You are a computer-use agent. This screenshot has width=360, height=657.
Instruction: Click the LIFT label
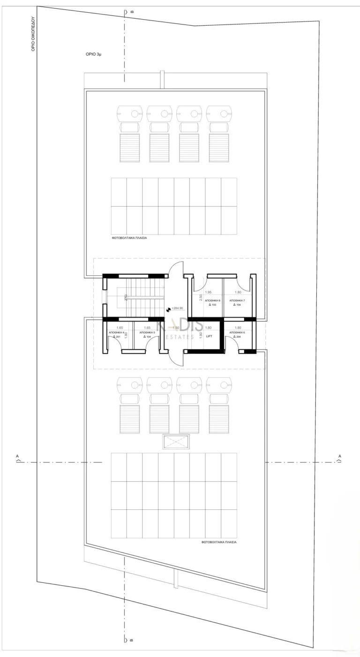click(209, 336)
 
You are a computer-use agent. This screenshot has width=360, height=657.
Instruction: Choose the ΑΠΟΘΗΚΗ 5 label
click(147, 332)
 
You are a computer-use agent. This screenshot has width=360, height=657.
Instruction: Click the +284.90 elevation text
click(177, 309)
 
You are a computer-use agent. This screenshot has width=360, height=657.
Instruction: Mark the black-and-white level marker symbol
click(169, 309)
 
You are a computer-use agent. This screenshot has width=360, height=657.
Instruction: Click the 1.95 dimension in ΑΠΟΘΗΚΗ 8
click(209, 292)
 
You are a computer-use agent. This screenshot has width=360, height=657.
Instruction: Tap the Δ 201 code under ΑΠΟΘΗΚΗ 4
click(117, 337)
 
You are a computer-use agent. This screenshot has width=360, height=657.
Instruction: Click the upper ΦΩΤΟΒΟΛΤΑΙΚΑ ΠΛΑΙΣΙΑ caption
click(129, 238)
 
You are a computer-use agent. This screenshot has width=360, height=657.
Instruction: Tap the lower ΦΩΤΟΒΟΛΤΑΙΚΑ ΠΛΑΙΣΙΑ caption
click(219, 541)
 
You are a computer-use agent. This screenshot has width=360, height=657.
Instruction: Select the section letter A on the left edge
click(17, 456)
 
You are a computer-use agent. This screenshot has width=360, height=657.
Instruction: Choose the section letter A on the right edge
click(340, 456)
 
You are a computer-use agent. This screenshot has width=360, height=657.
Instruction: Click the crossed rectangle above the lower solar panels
click(176, 442)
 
